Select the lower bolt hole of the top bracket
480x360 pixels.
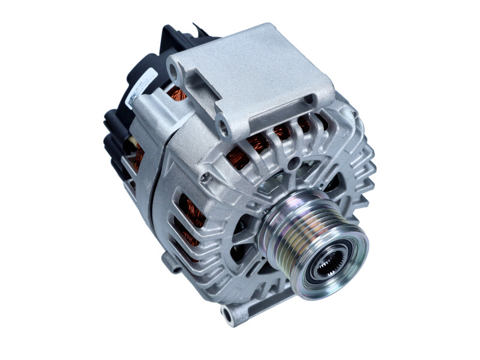click(223, 127)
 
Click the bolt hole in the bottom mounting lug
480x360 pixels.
click(227, 313)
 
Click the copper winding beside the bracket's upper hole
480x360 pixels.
click(178, 94)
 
